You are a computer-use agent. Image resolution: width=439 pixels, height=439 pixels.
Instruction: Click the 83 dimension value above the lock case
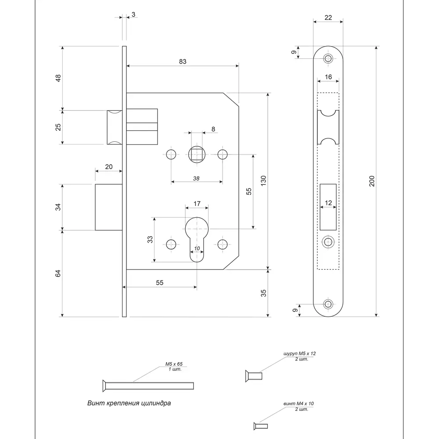click(x=183, y=61)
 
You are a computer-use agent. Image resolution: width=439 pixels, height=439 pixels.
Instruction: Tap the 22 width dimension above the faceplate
click(x=327, y=18)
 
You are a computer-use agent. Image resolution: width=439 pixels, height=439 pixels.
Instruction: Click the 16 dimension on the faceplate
click(x=328, y=77)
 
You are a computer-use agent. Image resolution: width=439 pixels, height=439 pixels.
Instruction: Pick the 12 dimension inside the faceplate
click(x=328, y=203)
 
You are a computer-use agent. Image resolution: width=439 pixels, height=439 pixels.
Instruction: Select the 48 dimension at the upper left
click(x=58, y=78)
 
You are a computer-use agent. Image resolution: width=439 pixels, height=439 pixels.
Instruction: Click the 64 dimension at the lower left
click(x=58, y=273)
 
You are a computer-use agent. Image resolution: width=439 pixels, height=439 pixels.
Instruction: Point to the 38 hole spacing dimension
click(x=196, y=178)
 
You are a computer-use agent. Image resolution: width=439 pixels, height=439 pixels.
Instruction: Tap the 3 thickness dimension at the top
click(x=133, y=14)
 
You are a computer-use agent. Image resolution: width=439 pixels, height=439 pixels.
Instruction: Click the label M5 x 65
click(x=174, y=364)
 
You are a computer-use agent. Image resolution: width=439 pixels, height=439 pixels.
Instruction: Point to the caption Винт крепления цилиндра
click(x=129, y=403)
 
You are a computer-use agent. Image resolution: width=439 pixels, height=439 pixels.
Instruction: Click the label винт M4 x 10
click(x=299, y=403)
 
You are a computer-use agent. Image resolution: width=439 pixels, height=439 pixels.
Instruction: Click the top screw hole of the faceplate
click(x=327, y=58)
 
